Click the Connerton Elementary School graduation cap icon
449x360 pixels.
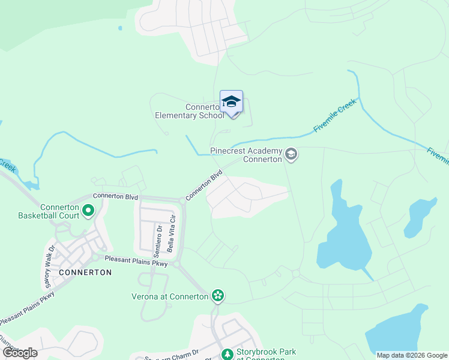tap(231, 102)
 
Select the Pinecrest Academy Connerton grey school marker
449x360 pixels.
tap(291, 155)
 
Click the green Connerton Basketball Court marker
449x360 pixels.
tap(88, 211)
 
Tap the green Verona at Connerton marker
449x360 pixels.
tap(218, 295)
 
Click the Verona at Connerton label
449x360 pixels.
tap(170, 296)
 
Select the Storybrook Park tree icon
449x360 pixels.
tap(228, 355)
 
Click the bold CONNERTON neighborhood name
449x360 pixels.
tap(86, 272)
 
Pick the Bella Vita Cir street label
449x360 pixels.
tap(172, 233)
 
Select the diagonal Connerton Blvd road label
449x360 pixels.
tap(204, 185)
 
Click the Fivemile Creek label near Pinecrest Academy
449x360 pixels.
tap(335, 116)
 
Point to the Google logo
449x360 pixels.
tap(20, 353)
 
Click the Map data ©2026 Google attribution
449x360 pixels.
tap(412, 355)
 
